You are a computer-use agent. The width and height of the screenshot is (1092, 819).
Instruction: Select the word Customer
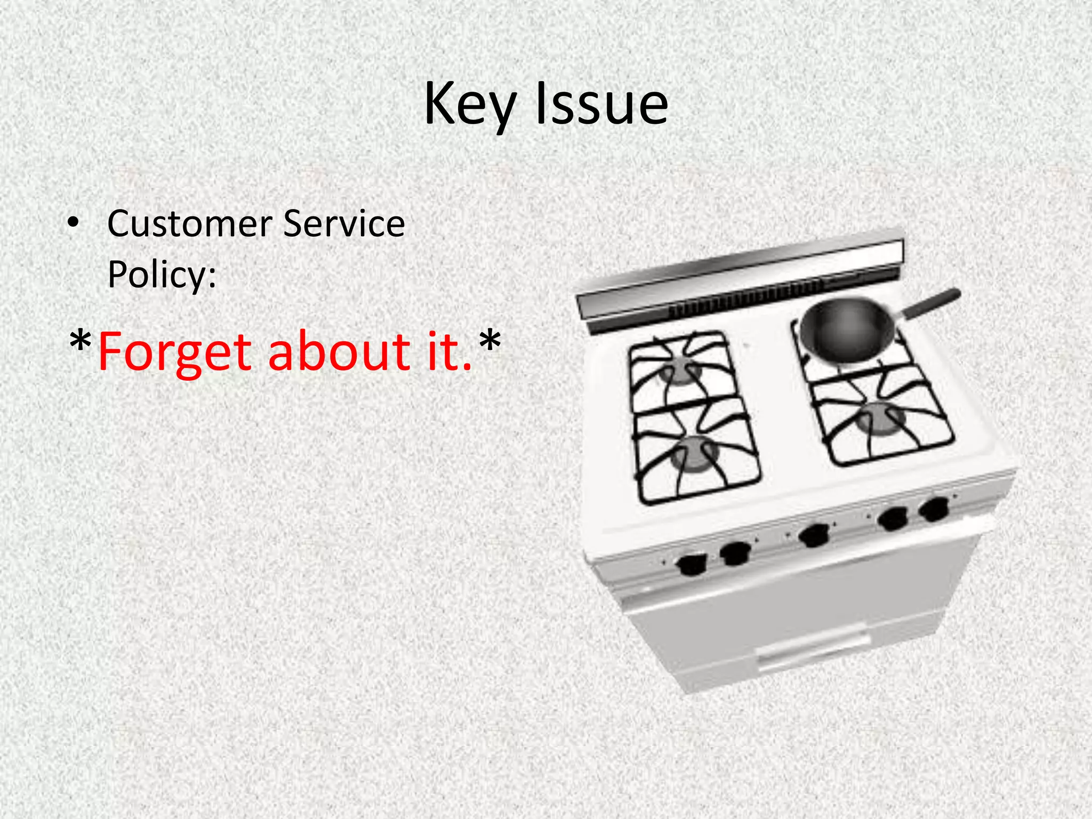click(189, 223)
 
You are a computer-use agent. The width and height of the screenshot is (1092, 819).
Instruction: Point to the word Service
click(344, 223)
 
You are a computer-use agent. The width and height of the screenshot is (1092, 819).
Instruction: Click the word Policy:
click(162, 275)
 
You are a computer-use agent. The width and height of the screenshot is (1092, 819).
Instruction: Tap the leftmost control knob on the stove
click(692, 564)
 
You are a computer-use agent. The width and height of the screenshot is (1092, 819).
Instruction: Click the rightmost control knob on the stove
click(934, 509)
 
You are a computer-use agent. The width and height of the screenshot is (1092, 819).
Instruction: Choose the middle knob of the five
click(815, 535)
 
